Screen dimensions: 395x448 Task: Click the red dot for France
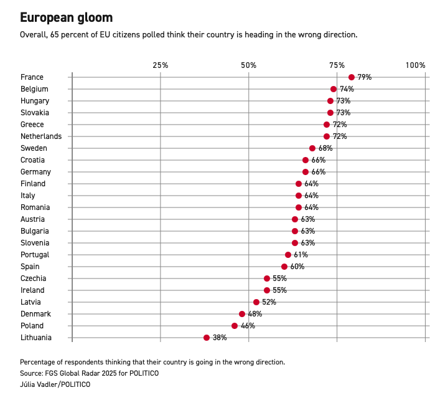coord(352,77)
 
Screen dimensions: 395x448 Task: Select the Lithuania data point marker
coord(207,338)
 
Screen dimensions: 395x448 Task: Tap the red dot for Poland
coord(235,326)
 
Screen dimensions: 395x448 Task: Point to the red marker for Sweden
coord(312,148)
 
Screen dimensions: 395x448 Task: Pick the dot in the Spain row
coord(284,267)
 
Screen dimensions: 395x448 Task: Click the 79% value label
coord(365,77)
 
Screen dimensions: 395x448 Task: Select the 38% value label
coord(220,338)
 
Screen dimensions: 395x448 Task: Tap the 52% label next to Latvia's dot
coord(269,302)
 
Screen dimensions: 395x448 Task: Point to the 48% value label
coord(255,314)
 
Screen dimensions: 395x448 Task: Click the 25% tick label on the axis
coord(161,65)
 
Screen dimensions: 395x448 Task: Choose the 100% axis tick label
coord(415,65)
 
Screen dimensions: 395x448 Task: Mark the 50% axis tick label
coord(249,65)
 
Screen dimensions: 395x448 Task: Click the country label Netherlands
coord(41,136)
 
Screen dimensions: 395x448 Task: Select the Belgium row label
coord(34,89)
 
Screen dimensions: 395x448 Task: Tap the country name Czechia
coord(33,278)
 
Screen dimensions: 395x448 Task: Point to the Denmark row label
coord(35,314)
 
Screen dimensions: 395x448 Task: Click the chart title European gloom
coord(67,17)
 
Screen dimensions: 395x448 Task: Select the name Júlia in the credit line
coord(29,384)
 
